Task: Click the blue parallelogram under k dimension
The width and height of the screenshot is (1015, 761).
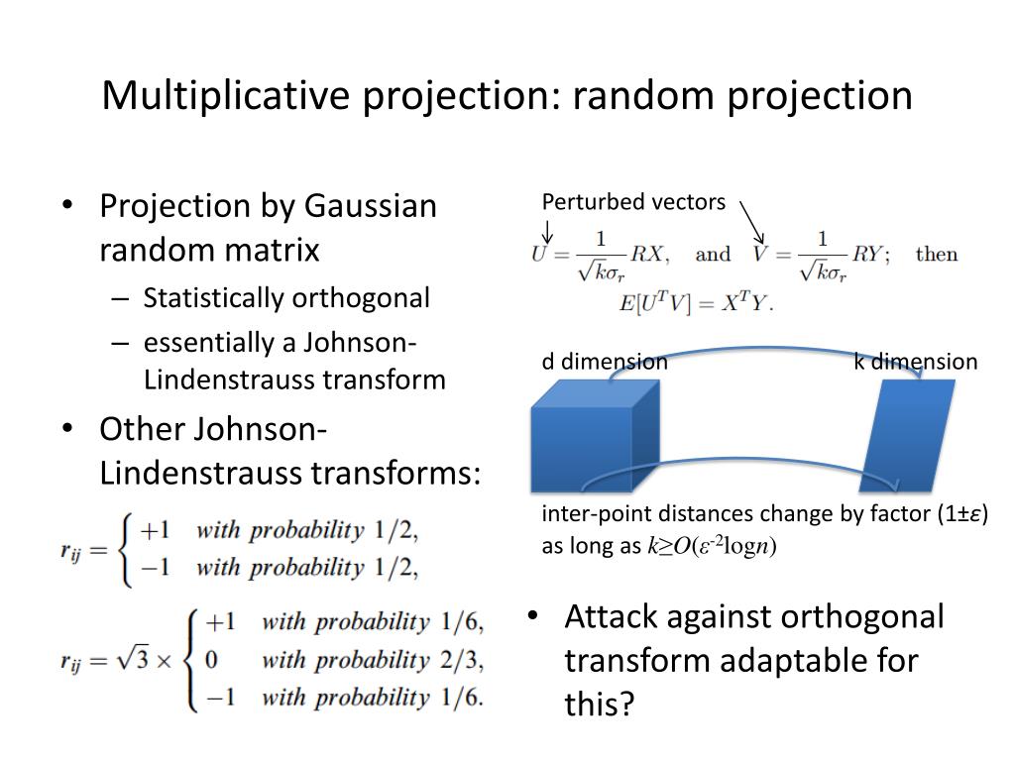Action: coord(907,436)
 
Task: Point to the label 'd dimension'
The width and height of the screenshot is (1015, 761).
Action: coord(604,362)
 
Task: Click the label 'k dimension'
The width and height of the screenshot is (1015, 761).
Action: coord(915,362)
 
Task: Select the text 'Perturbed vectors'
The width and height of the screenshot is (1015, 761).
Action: coord(633,202)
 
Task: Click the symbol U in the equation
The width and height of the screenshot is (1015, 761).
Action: coord(539,254)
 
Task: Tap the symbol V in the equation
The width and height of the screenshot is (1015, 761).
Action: coord(761,254)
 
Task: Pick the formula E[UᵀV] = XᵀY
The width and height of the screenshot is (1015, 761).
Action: coord(697,303)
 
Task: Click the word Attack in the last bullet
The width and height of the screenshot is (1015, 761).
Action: coord(614,616)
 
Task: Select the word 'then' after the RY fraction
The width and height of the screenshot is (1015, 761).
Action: coord(937,254)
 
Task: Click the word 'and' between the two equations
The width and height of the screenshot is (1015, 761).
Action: coord(713,254)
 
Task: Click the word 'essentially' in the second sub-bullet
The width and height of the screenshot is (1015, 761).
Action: coord(193,343)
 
